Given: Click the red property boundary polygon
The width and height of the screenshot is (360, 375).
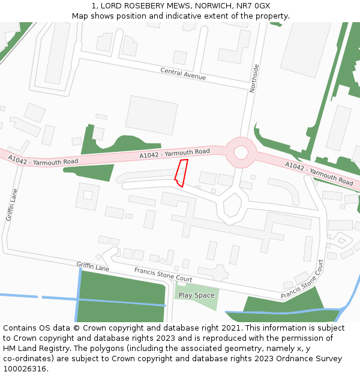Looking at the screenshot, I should click(181, 173).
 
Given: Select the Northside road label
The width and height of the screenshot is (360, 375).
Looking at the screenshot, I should click(254, 77).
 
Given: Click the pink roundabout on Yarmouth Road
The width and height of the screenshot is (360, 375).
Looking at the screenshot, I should click(241, 152).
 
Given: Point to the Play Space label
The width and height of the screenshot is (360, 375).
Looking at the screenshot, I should click(196, 295).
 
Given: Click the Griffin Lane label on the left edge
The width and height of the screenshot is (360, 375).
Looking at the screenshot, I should click(11, 205).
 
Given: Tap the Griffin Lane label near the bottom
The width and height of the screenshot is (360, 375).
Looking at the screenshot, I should click(92, 266).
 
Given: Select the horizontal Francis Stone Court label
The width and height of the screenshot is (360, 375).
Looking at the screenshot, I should click(163, 275).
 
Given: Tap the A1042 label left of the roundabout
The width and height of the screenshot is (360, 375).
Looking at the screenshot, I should click(175, 154).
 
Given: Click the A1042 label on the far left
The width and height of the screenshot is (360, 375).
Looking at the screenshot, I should click(43, 160).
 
